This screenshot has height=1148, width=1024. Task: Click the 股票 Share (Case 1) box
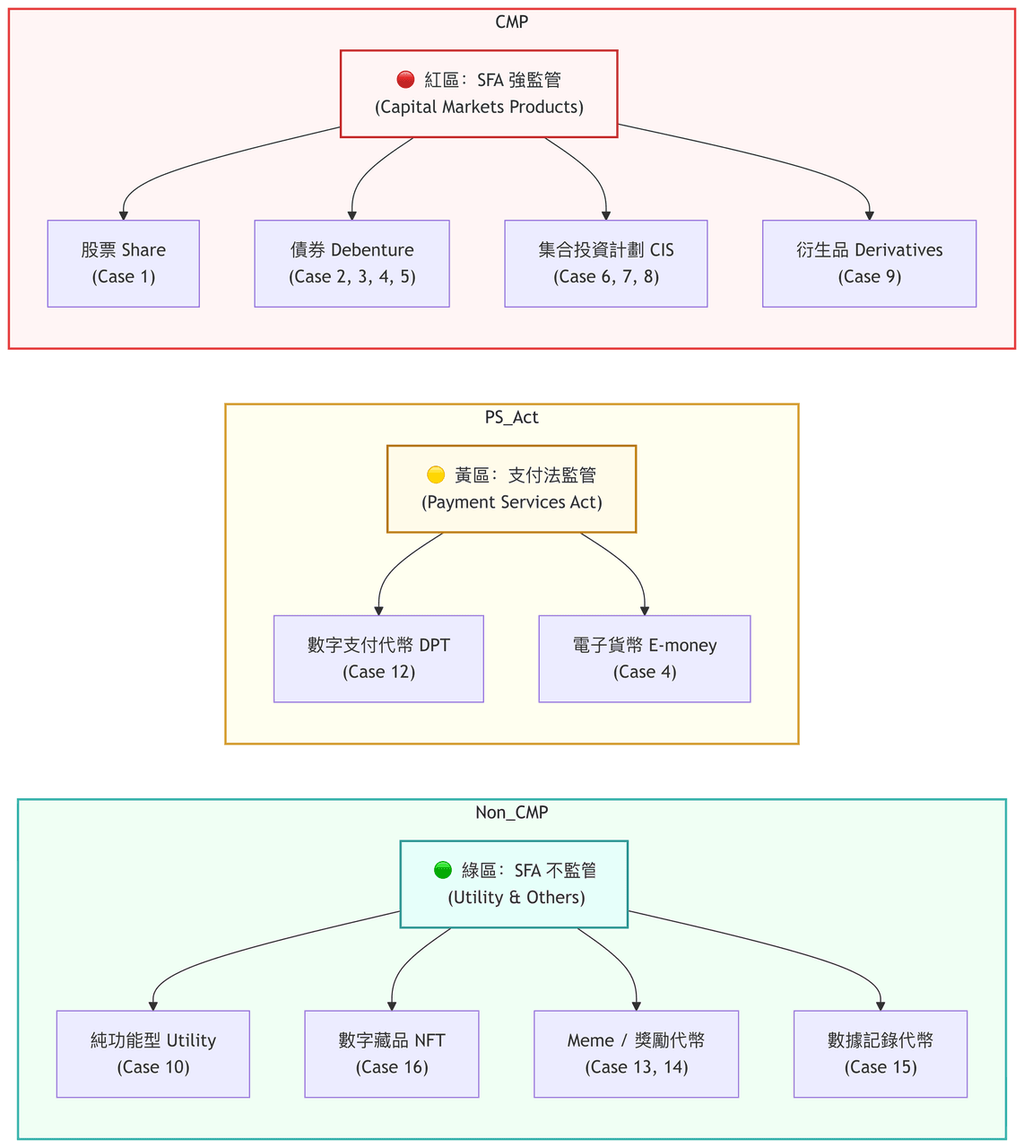click(124, 264)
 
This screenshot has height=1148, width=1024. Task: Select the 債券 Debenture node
click(351, 264)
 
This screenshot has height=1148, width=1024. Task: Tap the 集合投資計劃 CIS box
click(606, 264)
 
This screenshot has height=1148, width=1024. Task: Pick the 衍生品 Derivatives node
click(869, 264)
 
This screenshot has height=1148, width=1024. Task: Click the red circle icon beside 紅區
click(406, 80)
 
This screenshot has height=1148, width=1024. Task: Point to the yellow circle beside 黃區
click(436, 474)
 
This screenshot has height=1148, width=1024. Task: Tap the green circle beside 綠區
click(443, 870)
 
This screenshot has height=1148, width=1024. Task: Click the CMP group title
click(512, 22)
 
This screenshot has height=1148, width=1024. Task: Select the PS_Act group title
click(512, 417)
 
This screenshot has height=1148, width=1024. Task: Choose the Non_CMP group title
click(512, 812)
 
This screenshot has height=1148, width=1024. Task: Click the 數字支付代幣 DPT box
click(378, 658)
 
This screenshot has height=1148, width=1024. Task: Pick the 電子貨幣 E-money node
click(645, 658)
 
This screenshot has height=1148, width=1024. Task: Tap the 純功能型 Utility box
click(153, 1054)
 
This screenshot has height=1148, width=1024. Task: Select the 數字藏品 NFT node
click(392, 1054)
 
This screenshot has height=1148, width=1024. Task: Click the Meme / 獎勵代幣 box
click(637, 1054)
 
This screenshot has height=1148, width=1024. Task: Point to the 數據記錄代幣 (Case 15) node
click(880, 1054)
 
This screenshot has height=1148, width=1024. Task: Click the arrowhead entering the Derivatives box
click(869, 216)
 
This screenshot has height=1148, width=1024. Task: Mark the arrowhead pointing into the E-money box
click(645, 611)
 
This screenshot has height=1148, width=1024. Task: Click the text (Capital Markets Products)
click(479, 107)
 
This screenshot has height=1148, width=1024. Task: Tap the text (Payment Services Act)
click(512, 502)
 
